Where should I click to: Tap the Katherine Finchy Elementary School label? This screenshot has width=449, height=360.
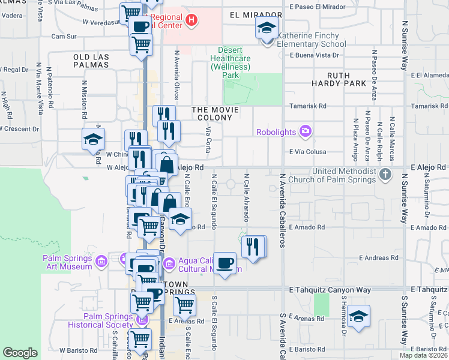pyautogui.click(x=312, y=40)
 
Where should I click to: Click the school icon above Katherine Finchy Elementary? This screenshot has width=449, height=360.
pyautogui.click(x=266, y=27)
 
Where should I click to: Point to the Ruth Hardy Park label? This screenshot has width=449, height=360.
pyautogui.click(x=339, y=79)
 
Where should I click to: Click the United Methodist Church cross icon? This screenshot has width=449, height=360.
pyautogui.click(x=386, y=175)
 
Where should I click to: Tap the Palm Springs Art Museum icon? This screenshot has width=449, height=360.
pyautogui.click(x=101, y=262)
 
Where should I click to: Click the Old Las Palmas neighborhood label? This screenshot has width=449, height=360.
pyautogui.click(x=91, y=61)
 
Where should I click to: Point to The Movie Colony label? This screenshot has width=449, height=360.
pyautogui.click(x=215, y=114)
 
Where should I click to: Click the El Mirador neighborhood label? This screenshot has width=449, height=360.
pyautogui.click(x=255, y=14)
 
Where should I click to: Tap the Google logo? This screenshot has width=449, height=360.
pyautogui.click(x=20, y=353)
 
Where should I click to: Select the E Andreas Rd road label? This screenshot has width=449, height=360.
pyautogui.click(x=379, y=258)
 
